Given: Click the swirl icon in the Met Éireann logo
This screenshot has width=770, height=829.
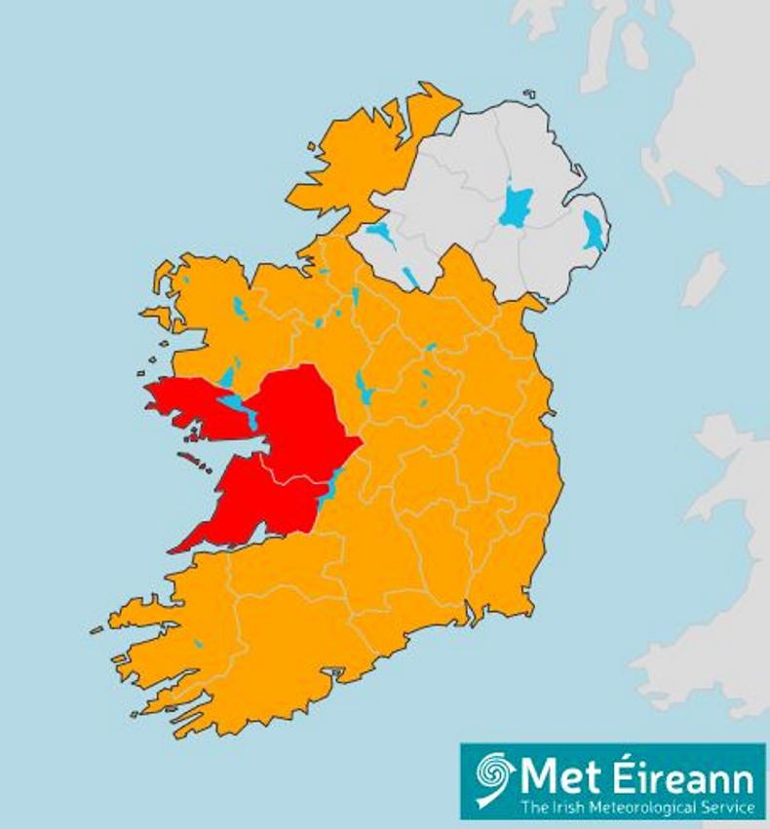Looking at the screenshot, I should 494,778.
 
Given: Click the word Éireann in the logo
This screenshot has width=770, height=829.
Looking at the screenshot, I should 682,778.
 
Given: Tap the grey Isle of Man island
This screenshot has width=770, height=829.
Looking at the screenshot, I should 704,279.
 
